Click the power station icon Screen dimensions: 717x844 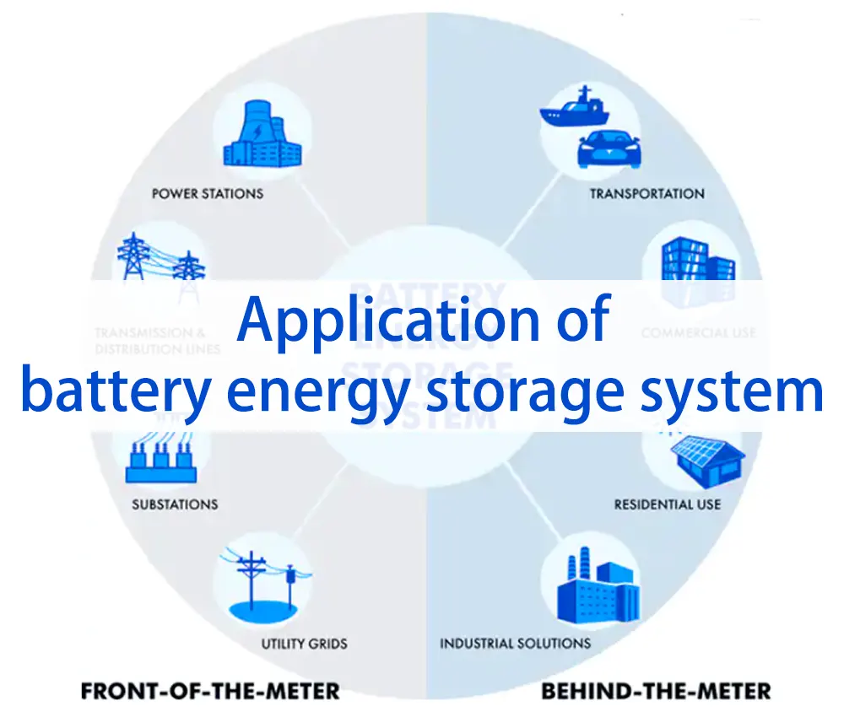pos(262,137)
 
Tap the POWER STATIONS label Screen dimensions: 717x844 pos(208,193)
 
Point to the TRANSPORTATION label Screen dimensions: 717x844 pos(647,193)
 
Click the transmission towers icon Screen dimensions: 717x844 pos(160,257)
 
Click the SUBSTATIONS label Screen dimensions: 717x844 pos(175,504)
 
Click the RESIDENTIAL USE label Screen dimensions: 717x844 pos(667,504)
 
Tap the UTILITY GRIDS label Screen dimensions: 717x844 pos(304,644)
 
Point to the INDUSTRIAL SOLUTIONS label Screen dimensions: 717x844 pos(515,644)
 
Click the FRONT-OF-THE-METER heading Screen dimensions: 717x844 pos(210,692)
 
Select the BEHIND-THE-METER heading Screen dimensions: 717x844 pos(656,692)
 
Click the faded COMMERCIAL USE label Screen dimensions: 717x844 pos(698,333)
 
